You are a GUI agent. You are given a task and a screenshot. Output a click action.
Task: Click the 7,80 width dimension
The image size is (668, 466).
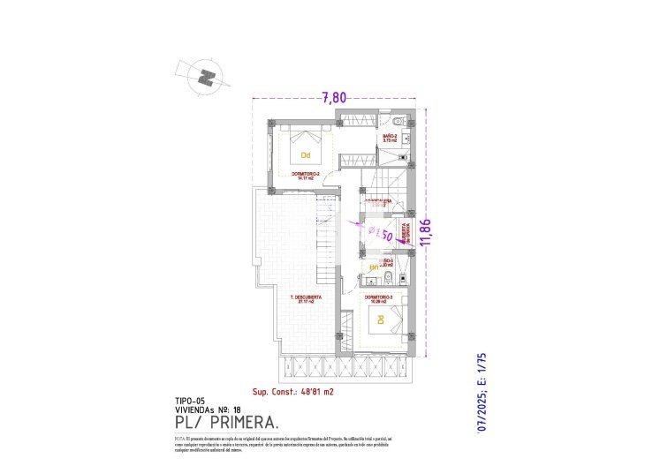point(333,98)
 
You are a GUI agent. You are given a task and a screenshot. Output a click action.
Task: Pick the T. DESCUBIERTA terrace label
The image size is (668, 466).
point(306,297)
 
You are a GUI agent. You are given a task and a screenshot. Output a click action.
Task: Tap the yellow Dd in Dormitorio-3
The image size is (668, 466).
point(381,319)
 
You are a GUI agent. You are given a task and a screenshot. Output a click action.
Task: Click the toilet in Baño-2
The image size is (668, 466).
point(399,121)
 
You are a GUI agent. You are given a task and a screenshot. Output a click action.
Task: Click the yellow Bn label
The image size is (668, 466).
point(373,267)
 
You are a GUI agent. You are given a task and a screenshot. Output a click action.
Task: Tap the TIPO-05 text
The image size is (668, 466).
point(191,400)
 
